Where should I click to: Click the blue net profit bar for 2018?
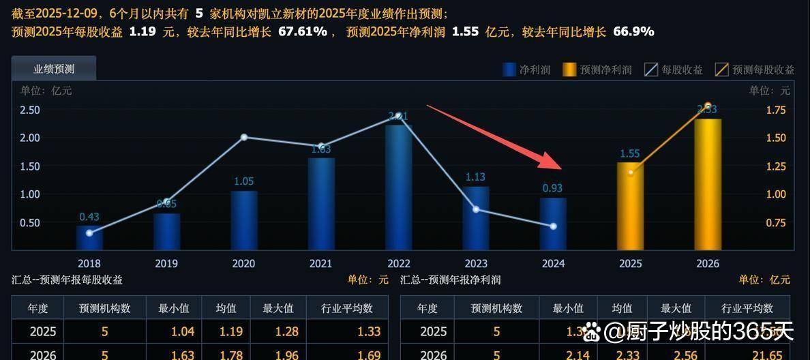(x=89, y=239)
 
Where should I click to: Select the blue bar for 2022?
(x=398, y=187)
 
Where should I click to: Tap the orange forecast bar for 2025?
(x=630, y=206)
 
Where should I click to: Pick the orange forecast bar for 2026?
(x=707, y=184)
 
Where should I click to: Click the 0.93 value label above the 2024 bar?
(x=553, y=188)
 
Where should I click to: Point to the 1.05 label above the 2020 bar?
(x=243, y=181)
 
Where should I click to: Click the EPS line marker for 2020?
(x=244, y=137)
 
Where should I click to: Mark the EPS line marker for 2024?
(x=553, y=226)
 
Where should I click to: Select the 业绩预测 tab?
(x=54, y=69)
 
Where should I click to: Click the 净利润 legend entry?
(x=526, y=70)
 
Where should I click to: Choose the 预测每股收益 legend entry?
(x=755, y=70)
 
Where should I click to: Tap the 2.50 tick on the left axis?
(x=29, y=110)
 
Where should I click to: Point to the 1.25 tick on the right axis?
(x=776, y=166)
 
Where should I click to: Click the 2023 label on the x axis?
(x=475, y=264)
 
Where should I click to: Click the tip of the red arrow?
(x=560, y=167)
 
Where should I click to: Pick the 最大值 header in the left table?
(x=277, y=308)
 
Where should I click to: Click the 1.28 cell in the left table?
(x=277, y=332)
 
